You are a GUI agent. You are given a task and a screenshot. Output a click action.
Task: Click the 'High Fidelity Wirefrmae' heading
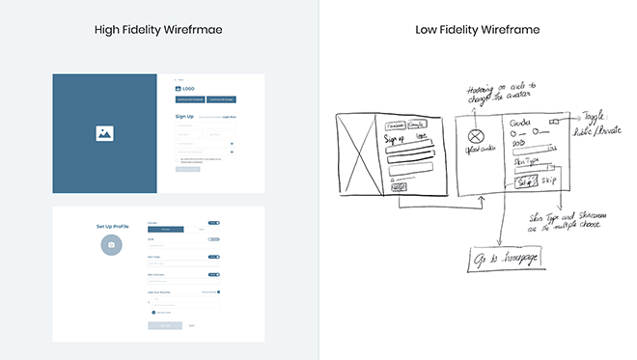158,29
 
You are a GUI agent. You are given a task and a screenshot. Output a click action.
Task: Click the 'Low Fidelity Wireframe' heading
477,29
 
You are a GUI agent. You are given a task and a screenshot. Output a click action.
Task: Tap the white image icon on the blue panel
105,134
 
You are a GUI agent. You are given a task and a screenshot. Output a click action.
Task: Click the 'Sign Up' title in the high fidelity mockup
184,117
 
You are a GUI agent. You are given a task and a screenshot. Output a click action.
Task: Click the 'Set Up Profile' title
112,226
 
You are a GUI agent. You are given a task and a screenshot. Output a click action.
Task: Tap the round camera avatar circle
112,245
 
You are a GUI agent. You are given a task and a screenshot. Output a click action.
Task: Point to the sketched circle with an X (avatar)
474,136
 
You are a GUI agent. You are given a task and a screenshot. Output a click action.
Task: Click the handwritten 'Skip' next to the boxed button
550,180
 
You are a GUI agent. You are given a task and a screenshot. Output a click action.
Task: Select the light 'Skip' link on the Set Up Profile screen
191,325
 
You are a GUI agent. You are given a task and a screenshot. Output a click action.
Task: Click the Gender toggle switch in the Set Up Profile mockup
213,221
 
